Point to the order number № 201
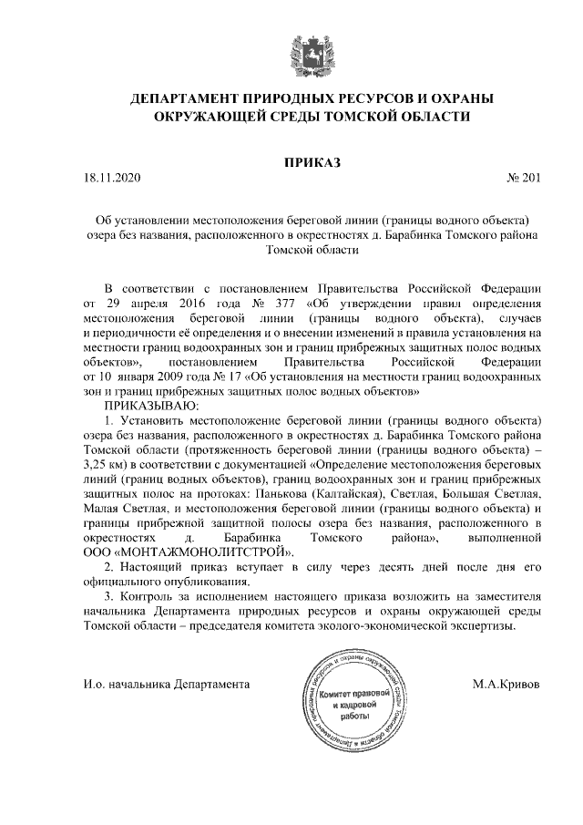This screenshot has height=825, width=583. click(523, 179)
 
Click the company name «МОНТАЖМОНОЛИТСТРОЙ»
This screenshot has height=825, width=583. click(201, 552)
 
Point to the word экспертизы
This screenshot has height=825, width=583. click(484, 626)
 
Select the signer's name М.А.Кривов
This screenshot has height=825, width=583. click(506, 683)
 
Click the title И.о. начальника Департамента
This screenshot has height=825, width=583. click(166, 683)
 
